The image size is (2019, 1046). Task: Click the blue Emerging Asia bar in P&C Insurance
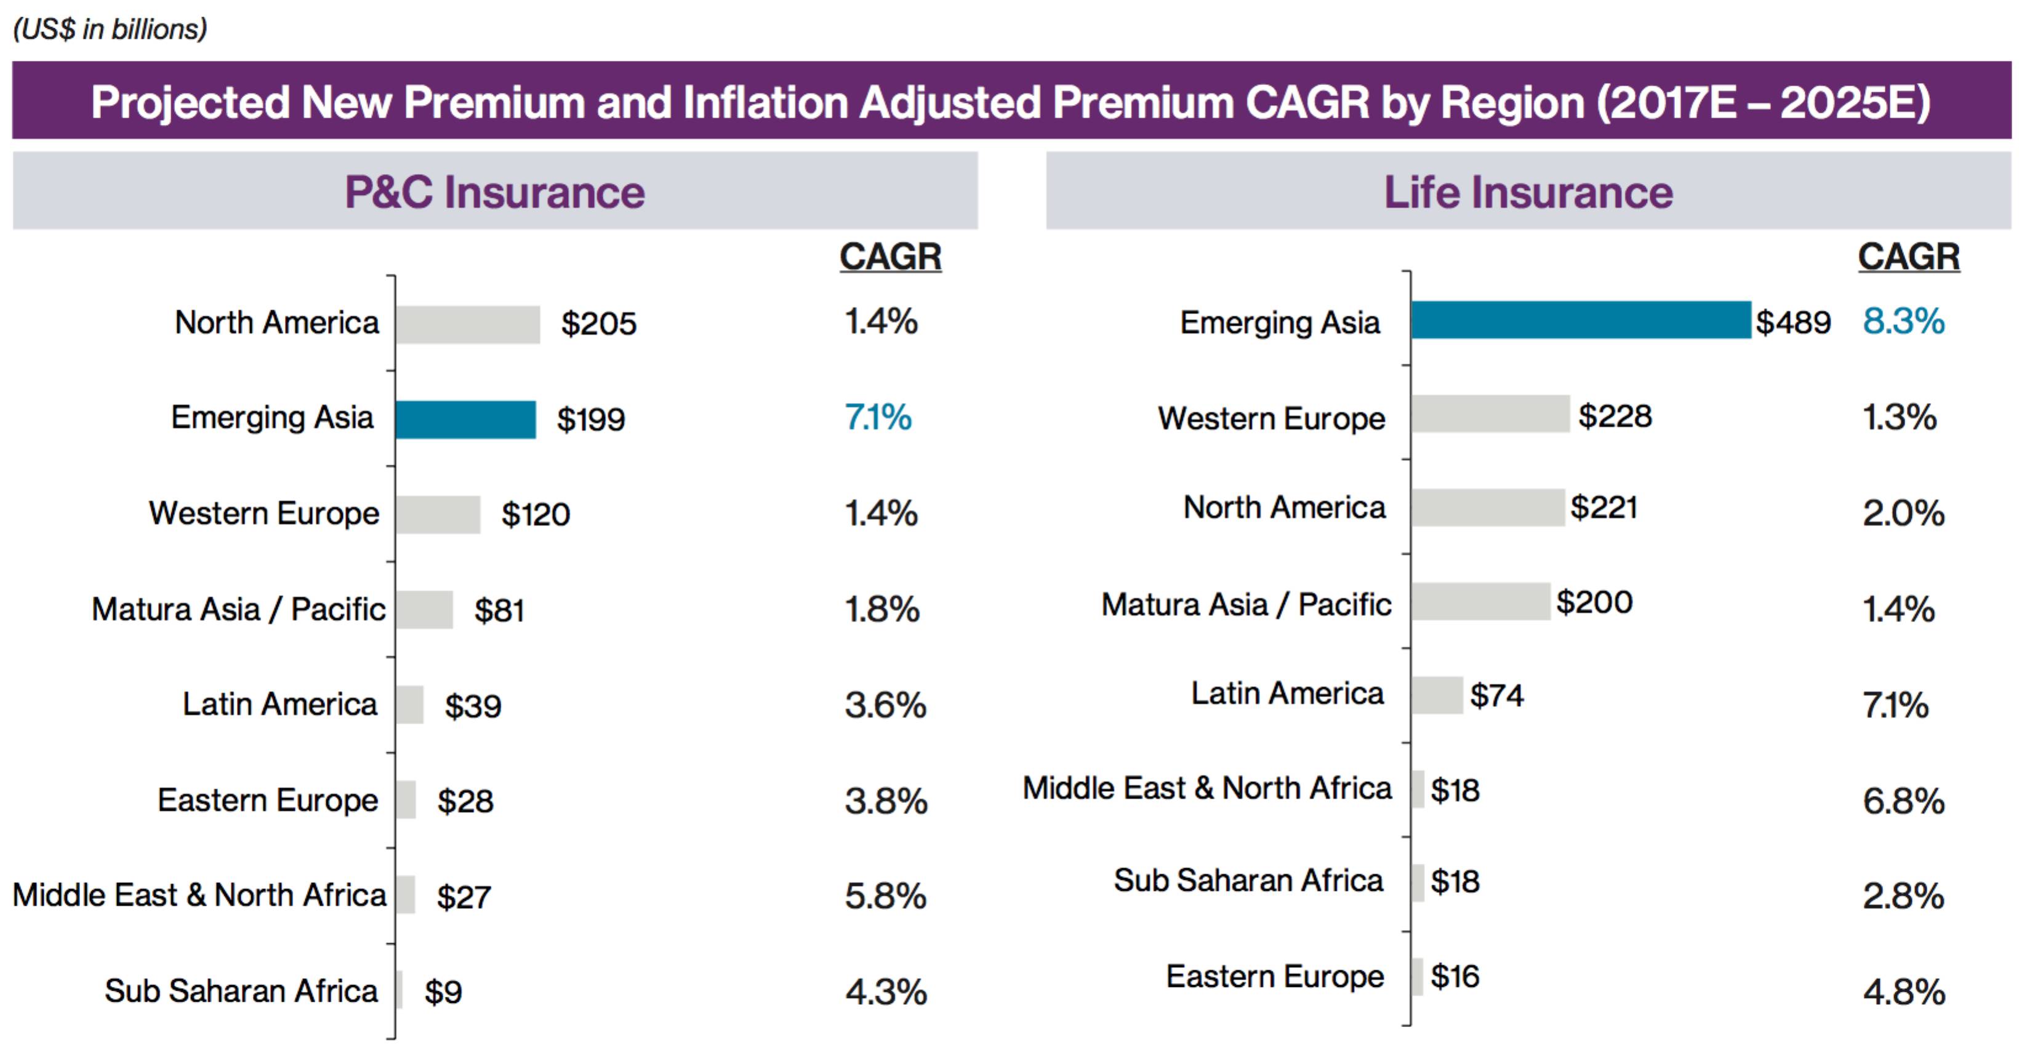click(465, 419)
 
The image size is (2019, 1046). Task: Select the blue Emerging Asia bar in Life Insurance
click(1580, 320)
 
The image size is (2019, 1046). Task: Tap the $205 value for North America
click(599, 324)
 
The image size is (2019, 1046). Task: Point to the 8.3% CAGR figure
click(1903, 321)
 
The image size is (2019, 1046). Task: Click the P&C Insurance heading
click(494, 192)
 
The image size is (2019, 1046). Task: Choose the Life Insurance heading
click(1528, 192)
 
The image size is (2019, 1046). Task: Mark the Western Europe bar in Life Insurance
click(1490, 413)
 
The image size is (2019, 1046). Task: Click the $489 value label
click(1792, 322)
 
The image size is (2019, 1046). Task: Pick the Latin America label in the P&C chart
click(280, 704)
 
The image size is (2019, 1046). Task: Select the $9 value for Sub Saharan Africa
click(443, 992)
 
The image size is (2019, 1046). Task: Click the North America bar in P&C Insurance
click(468, 324)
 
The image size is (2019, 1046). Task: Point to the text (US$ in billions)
click(110, 29)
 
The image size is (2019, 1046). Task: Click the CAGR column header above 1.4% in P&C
click(890, 256)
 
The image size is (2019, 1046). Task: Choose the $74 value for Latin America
click(1496, 696)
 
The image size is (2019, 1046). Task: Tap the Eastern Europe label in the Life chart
click(1274, 976)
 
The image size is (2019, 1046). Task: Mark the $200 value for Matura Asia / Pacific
click(1594, 602)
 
